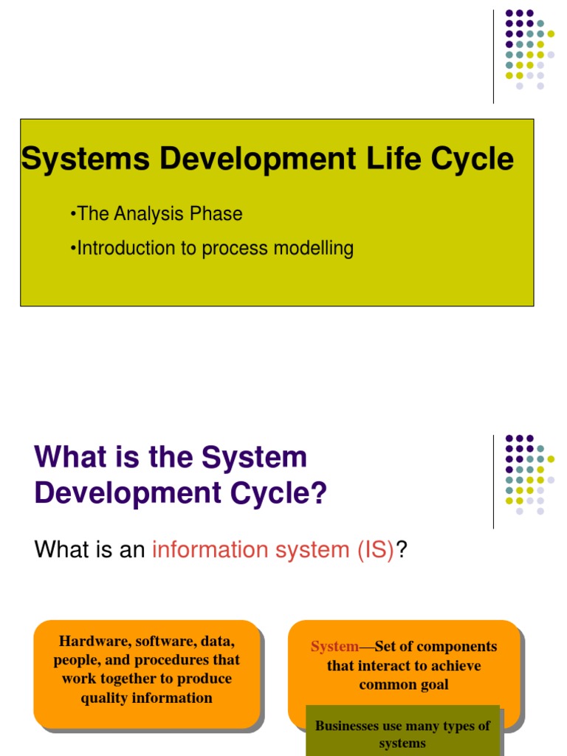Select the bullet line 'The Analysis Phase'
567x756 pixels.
[157, 214]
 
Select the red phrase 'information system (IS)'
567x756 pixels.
[273, 550]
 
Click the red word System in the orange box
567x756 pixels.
[334, 647]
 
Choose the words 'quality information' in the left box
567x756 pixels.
[147, 698]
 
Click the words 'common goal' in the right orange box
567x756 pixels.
[404, 684]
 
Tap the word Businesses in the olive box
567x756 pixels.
[348, 726]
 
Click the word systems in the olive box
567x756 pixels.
[402, 743]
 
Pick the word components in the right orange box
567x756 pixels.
[456, 647]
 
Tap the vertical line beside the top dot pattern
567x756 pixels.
[493, 56]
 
